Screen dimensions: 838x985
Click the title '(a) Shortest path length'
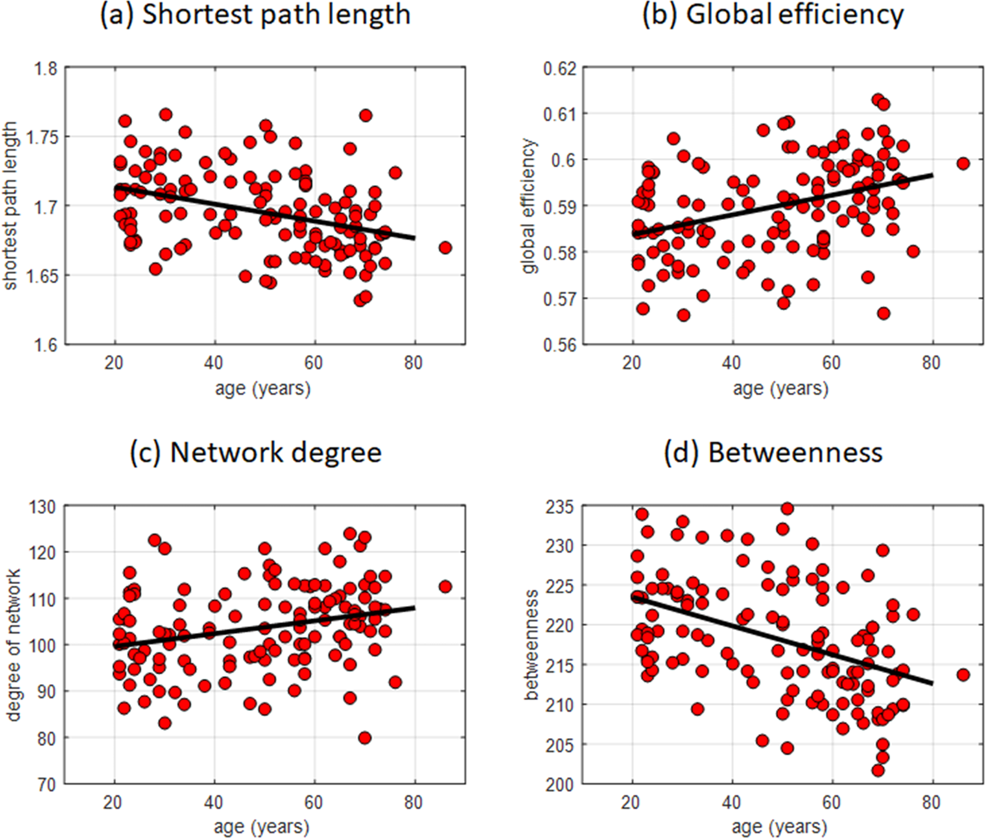[x=255, y=14]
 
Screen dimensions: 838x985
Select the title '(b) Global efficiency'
[x=772, y=14]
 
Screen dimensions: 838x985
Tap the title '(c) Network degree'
[x=256, y=453]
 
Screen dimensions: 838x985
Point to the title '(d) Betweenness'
[x=773, y=453]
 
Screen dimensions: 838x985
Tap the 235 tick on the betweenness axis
[x=559, y=507]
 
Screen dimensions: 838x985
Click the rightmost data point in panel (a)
[x=445, y=247]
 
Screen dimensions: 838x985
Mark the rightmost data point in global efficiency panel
[x=963, y=163]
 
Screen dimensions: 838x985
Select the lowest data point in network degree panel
[x=365, y=738]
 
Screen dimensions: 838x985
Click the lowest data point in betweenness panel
[x=878, y=770]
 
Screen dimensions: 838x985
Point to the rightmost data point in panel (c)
[x=445, y=586]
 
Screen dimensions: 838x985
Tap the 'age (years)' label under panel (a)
[x=263, y=389]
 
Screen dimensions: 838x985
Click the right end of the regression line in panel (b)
[x=932, y=175]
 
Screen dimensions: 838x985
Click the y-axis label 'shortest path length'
[x=11, y=207]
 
